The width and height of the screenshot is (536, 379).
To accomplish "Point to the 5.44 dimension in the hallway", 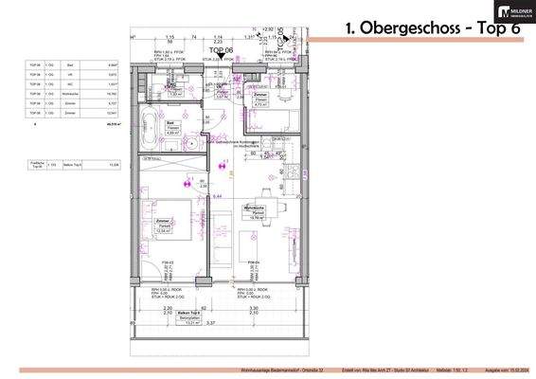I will point(217,195).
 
